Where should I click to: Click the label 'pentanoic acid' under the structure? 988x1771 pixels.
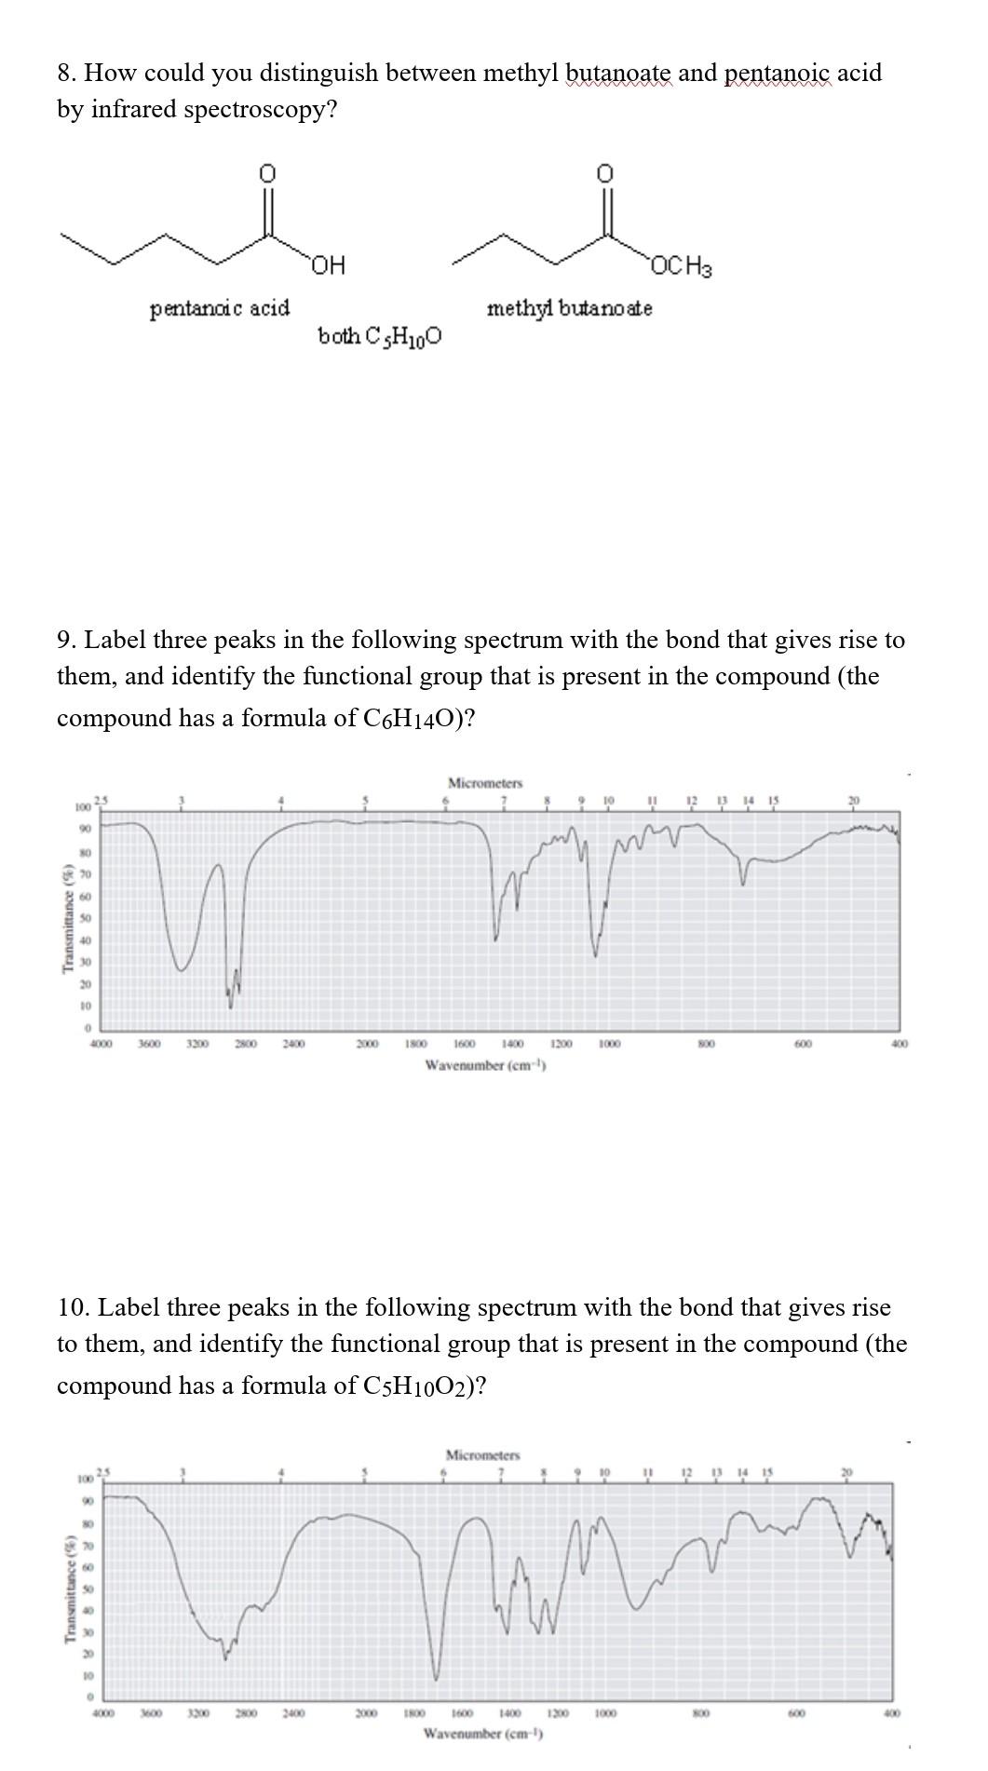pyautogui.click(x=220, y=307)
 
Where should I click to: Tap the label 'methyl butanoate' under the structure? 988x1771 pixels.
pyautogui.click(x=569, y=307)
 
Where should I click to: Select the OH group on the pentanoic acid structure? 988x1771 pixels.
pyautogui.click(x=328, y=266)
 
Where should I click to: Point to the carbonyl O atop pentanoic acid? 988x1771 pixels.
pyautogui.click(x=267, y=173)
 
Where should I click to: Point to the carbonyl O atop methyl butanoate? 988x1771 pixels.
pyautogui.click(x=605, y=173)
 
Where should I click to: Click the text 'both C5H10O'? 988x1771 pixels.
pyautogui.click(x=380, y=336)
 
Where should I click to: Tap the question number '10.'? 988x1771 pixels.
pyautogui.click(x=74, y=1307)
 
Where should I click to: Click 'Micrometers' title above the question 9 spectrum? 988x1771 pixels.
pyautogui.click(x=484, y=783)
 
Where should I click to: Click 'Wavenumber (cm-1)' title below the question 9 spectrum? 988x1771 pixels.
pyautogui.click(x=484, y=1065)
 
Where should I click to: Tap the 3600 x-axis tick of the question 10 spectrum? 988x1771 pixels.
pyautogui.click(x=150, y=1712)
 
